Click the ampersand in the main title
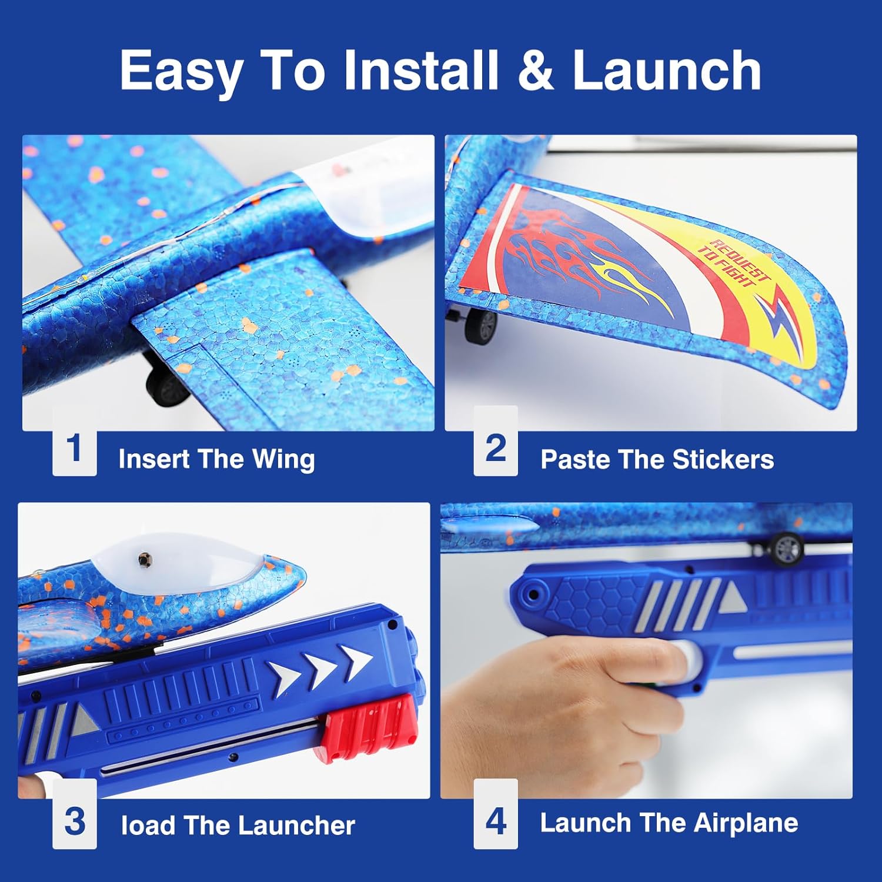pos(536,71)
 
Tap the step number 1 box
pos(75,449)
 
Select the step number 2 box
pos(496,448)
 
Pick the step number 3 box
pos(75,821)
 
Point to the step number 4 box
pos(496,821)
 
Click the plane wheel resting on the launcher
pos(786,548)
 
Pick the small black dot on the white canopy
pos(142,559)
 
